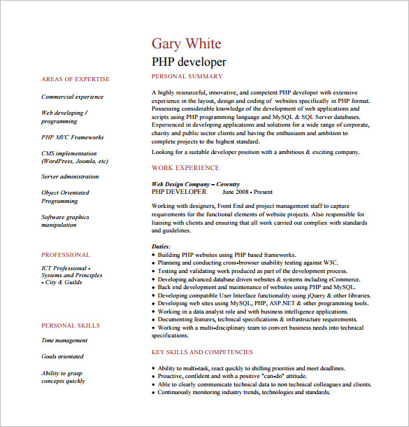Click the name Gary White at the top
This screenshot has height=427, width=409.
(187, 43)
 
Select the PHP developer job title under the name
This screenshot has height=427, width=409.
(189, 62)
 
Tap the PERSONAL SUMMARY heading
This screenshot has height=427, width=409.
(187, 76)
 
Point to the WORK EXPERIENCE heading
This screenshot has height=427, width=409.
(185, 168)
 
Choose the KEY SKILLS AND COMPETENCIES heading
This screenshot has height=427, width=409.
(202, 352)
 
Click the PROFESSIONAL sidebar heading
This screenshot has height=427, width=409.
(66, 255)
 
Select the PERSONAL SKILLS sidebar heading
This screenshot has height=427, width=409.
(70, 325)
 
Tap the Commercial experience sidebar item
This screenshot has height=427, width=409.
(72, 97)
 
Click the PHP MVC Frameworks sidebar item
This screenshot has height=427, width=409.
(72, 138)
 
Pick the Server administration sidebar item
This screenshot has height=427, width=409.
(70, 177)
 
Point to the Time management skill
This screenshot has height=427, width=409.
(64, 341)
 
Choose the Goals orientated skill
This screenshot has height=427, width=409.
(62, 357)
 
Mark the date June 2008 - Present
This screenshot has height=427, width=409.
(247, 191)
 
